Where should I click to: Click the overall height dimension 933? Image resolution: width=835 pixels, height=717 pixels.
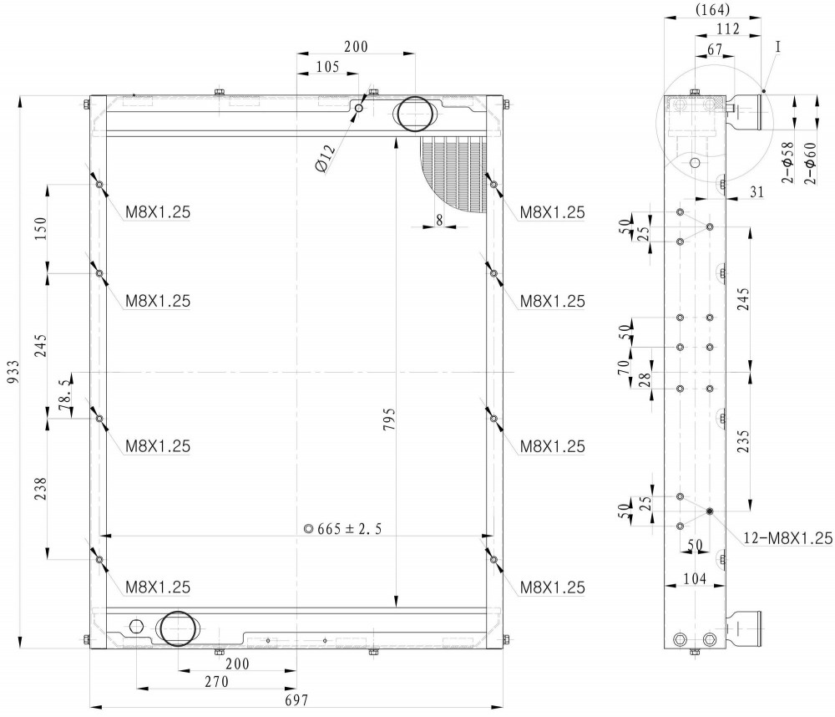(13, 372)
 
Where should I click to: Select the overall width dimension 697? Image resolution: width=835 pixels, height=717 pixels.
(296, 700)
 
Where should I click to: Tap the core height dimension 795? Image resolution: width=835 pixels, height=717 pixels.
(389, 420)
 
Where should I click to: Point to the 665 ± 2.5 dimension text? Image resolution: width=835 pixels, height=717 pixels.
(343, 529)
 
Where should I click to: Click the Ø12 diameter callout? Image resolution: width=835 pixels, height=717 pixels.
(326, 159)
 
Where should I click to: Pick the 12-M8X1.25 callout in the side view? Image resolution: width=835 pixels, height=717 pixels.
(787, 538)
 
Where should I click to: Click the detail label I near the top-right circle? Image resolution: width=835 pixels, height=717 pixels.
(777, 47)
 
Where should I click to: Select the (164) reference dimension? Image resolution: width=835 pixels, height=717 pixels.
(712, 9)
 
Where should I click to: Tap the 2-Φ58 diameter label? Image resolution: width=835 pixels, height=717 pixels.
(787, 163)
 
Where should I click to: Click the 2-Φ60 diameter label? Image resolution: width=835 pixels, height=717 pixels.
(810, 163)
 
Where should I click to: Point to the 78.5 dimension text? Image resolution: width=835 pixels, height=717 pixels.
(64, 395)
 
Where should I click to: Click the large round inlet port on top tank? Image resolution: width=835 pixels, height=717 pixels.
(414, 114)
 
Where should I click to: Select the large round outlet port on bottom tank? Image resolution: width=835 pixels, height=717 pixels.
(177, 629)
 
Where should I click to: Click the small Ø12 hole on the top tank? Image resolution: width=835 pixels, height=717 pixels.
(359, 109)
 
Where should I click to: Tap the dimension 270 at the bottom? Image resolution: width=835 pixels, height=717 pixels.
(216, 681)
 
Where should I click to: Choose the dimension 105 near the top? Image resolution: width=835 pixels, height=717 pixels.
(327, 67)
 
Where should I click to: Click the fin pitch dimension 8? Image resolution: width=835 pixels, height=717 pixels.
(439, 220)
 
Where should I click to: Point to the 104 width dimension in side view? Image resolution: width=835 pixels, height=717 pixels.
(695, 578)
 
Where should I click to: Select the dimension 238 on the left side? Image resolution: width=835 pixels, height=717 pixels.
(40, 488)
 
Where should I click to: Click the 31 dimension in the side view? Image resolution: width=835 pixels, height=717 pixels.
(757, 192)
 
